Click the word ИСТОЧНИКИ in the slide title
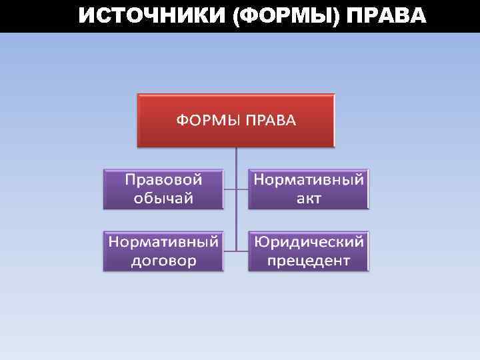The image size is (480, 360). point(151,15)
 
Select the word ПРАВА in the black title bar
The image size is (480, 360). point(386,15)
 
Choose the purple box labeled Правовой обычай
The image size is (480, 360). point(163,189)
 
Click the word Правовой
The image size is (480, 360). point(163,179)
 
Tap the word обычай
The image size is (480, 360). point(163,199)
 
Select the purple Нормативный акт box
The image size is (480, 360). point(309,189)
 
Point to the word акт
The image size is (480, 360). point(309,199)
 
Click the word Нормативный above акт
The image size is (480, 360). point(309,179)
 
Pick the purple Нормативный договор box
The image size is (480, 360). point(163,251)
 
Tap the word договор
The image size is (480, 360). point(163,261)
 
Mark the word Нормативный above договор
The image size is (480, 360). point(163,241)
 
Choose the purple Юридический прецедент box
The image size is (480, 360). point(309,251)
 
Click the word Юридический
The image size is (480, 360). point(309,241)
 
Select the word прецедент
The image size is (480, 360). point(309,261)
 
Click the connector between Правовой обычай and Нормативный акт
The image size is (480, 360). point(236,189)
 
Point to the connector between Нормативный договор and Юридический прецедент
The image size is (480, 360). point(236,251)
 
